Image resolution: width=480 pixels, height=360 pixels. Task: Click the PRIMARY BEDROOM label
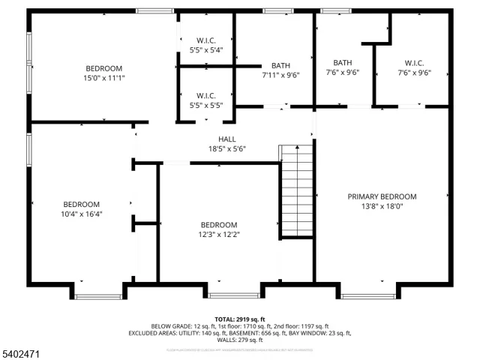382,196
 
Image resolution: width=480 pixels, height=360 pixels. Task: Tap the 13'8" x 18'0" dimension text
382,206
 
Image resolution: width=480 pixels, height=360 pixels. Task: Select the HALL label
227,139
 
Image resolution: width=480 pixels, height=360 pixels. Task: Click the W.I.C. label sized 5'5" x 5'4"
206,40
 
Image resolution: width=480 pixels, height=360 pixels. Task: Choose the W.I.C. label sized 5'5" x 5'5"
206,95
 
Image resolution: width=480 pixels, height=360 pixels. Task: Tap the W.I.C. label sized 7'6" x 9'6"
414,63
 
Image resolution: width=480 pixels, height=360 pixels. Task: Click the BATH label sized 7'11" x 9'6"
281,65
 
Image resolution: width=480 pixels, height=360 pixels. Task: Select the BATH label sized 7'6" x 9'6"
343,63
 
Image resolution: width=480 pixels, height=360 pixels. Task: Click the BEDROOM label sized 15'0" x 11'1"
103,68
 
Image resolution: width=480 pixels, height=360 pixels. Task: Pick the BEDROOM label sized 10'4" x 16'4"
81,204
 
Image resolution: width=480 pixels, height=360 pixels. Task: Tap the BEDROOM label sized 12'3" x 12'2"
219,225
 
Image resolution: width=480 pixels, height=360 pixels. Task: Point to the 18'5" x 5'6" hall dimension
227,148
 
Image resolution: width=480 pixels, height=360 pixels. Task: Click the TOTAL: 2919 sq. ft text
240,319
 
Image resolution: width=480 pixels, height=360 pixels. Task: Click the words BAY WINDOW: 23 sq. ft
320,333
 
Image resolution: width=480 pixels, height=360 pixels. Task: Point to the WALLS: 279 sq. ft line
240,340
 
